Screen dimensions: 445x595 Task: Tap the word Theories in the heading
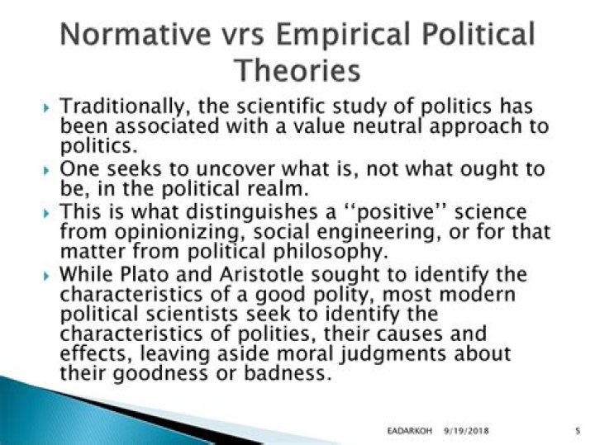pyautogui.click(x=297, y=70)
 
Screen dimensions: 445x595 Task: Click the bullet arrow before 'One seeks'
pyautogui.click(x=46, y=169)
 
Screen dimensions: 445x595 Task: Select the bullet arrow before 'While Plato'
pyautogui.click(x=46, y=274)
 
